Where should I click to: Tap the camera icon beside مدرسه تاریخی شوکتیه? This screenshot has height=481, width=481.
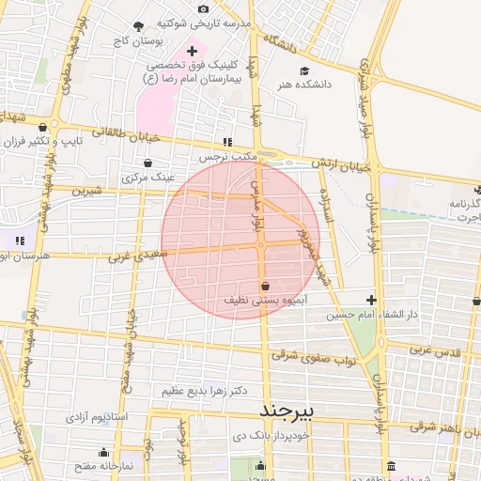coord(204,8)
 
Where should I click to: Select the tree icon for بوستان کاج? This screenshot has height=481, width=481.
coord(139,26)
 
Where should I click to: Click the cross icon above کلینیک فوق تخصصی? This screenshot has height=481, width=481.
coord(193,51)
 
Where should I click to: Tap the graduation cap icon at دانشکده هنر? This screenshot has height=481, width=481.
coord(303,70)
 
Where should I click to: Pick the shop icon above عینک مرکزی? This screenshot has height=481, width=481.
coord(148,163)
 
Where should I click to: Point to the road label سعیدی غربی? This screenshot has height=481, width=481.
coord(137,254)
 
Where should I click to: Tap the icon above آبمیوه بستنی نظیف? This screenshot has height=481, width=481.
coord(265,286)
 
